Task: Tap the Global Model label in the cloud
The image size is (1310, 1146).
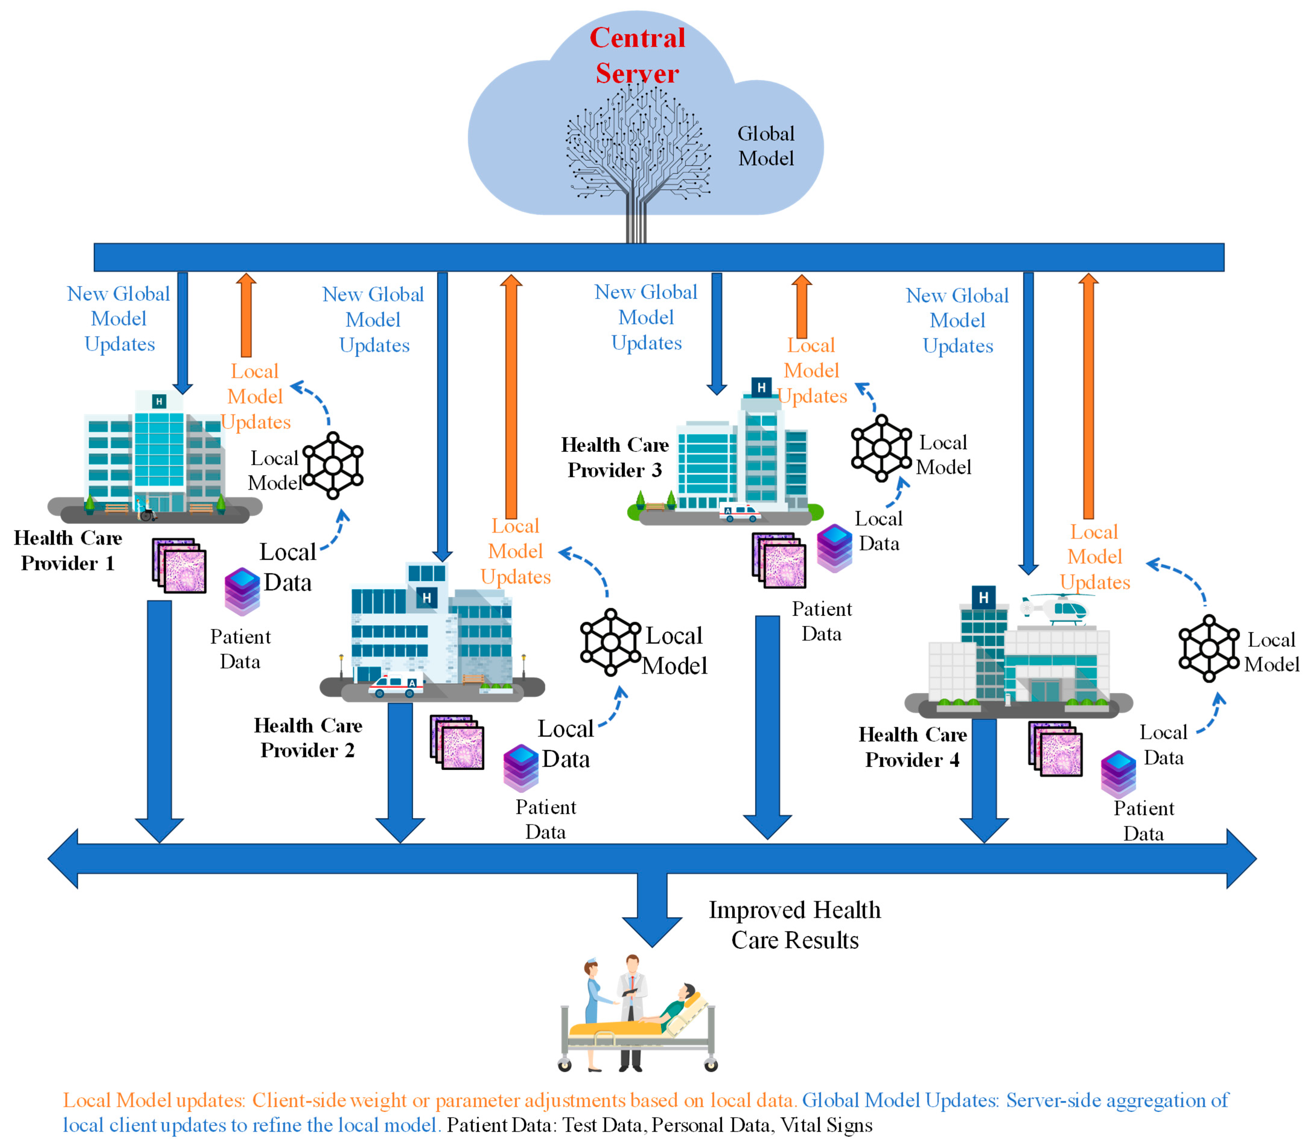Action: pos(766,146)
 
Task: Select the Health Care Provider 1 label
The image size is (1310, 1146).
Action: pos(68,550)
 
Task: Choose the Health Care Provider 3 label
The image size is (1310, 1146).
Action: pos(615,457)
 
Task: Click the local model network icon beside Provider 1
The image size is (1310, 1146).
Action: pos(332,465)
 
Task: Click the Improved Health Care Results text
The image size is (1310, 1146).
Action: pos(794,925)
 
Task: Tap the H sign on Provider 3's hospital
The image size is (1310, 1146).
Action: pos(761,388)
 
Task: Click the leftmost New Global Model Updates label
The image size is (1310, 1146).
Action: pos(119,318)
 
